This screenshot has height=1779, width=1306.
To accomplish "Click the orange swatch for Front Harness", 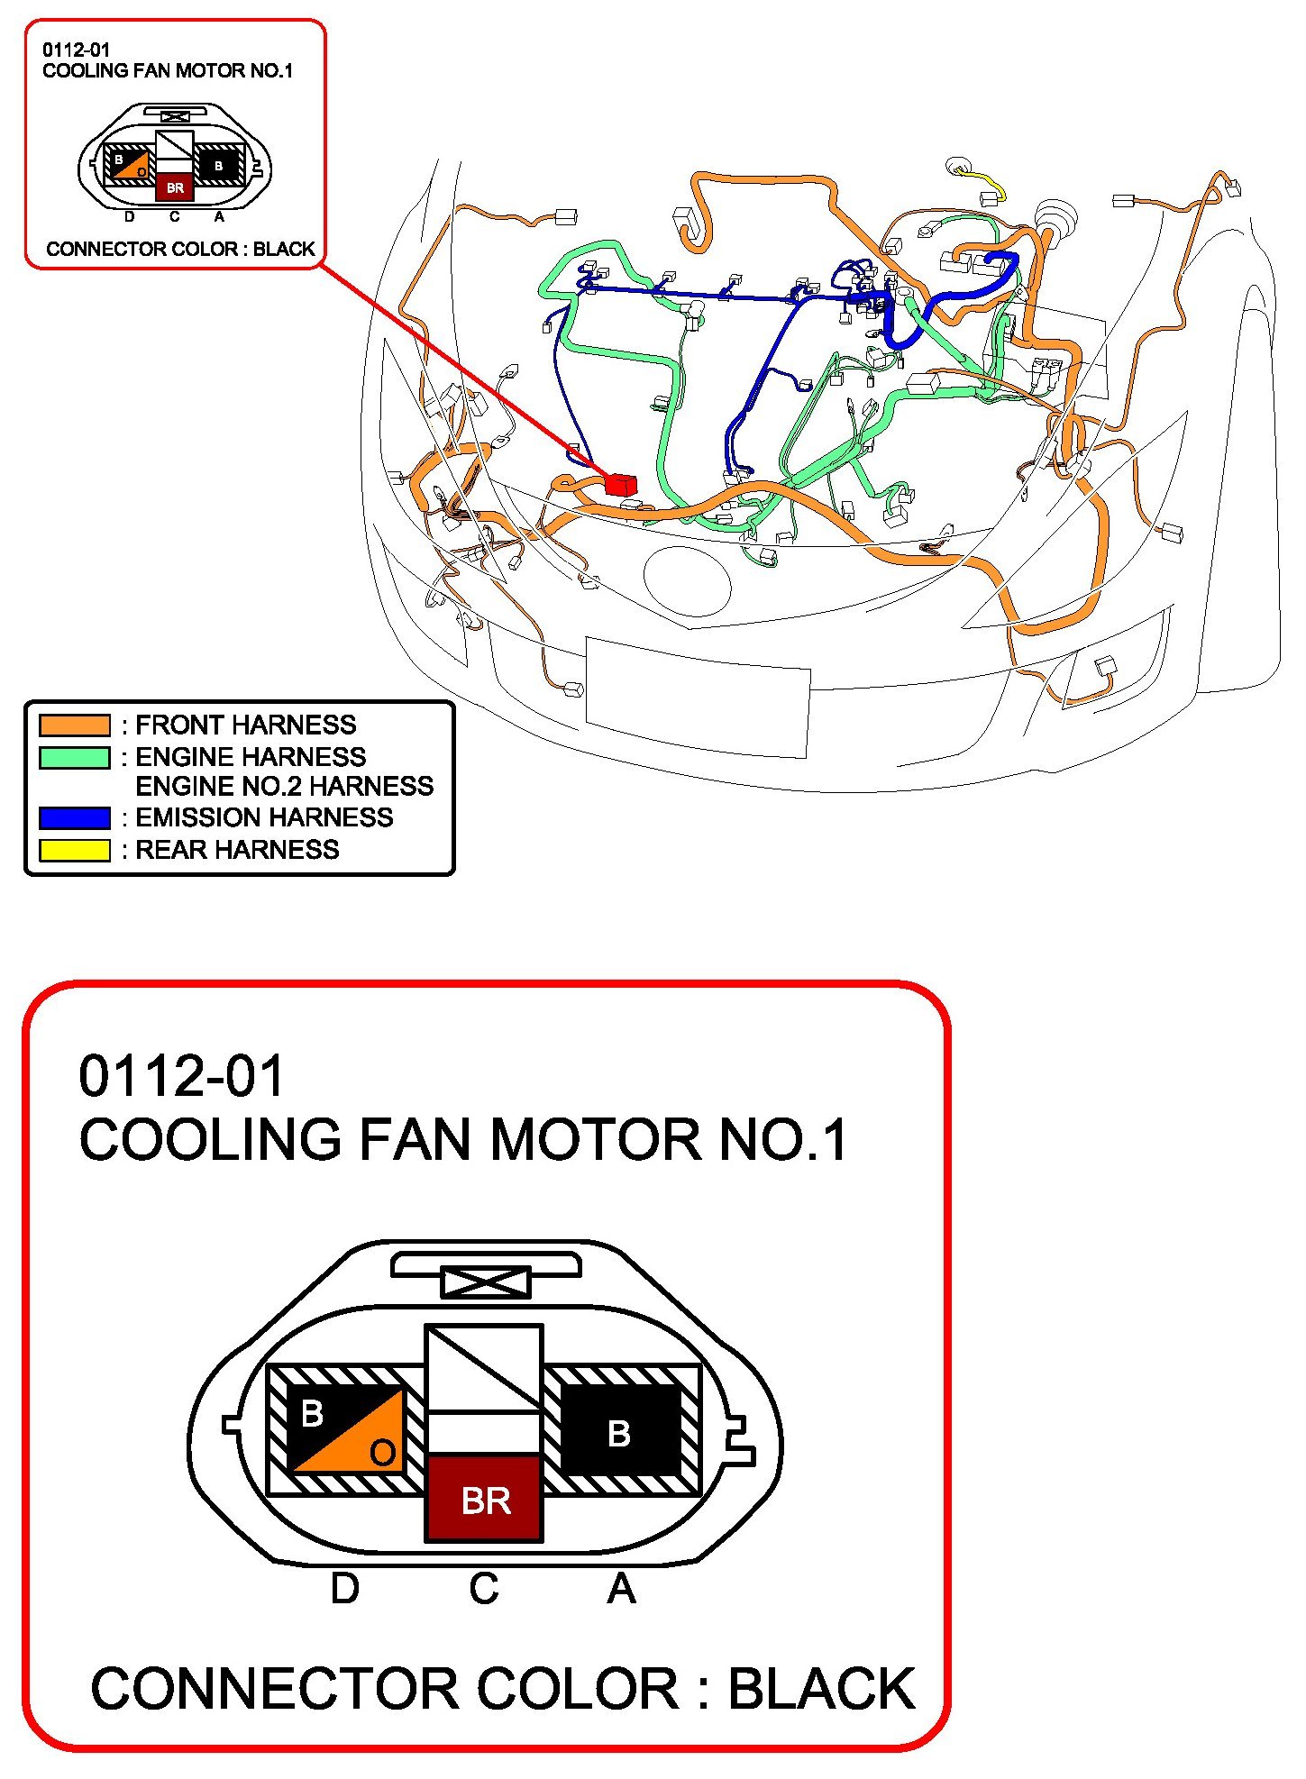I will point(75,725).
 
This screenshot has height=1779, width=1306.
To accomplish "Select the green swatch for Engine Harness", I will point(75,757).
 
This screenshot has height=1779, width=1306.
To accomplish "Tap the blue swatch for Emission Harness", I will point(75,817).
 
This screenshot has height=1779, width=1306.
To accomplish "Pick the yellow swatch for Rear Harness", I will point(75,850).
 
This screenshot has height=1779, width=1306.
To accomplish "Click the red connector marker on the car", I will point(620,485).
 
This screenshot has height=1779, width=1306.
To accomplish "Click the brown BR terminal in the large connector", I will point(484,1500).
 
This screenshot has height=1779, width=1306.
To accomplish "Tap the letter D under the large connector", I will point(344,1588).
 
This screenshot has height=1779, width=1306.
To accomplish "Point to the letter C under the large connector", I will point(483,1588).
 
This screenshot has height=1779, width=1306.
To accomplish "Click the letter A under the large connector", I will point(621,1588).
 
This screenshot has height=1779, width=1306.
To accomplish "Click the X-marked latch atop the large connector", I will point(486,1281).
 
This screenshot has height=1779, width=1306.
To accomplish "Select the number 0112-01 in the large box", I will point(181,1076).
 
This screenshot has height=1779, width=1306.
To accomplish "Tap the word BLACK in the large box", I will point(821,1689).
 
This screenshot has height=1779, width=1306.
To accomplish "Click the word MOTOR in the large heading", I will point(595,1139).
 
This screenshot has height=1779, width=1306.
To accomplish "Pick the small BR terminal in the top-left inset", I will point(175,187).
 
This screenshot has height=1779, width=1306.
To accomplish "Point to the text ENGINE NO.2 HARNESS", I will point(284,786).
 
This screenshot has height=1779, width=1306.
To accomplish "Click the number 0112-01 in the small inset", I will point(76,50).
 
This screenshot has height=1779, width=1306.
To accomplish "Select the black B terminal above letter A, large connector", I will point(619,1433).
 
